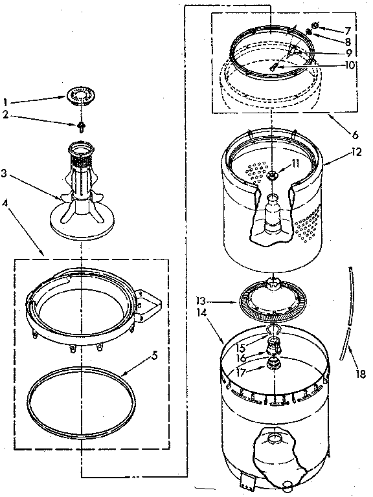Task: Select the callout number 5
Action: tap(155, 355)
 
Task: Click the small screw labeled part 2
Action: tap(82, 125)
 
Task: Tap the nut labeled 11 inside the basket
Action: tap(275, 173)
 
